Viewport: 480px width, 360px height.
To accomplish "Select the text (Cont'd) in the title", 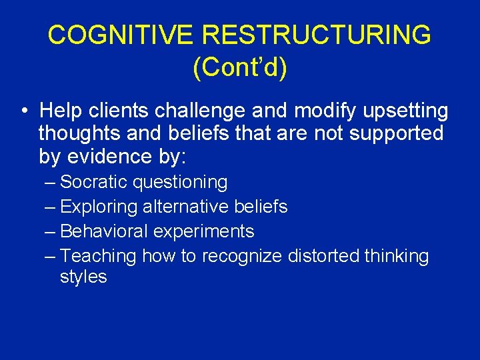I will click(240, 67).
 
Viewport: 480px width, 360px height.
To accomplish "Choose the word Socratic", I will click(94, 182).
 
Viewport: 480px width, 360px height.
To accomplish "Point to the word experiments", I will click(203, 231).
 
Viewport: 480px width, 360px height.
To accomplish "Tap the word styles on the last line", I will click(83, 277).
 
